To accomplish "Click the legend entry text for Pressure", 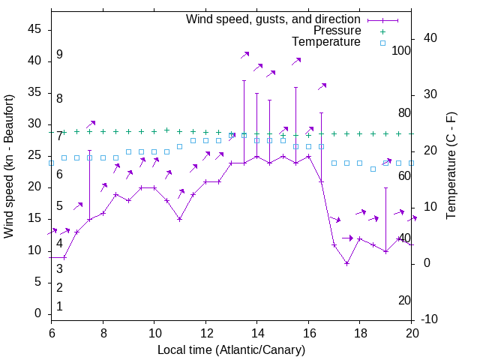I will pyautogui.click(x=337, y=31).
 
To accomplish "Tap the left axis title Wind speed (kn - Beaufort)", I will pyautogui.click(x=9, y=166).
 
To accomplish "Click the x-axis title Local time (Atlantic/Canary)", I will pyautogui.click(x=232, y=350).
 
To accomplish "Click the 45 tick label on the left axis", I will pyautogui.click(x=34, y=30).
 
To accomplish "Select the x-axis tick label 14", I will pyautogui.click(x=256, y=333).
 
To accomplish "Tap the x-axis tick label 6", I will pyautogui.click(x=51, y=333).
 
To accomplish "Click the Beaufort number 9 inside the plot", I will pyautogui.click(x=59, y=55).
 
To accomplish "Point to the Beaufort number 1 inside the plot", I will pyautogui.click(x=59, y=307).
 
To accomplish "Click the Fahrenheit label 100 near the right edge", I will pyautogui.click(x=402, y=50).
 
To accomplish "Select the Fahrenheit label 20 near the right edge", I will pyautogui.click(x=404, y=301).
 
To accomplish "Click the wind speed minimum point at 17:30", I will pyautogui.click(x=346, y=263).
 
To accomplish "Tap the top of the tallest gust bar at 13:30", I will pyautogui.click(x=244, y=80).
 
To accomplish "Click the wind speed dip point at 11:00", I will pyautogui.click(x=180, y=219).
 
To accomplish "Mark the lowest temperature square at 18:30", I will pyautogui.click(x=373, y=169).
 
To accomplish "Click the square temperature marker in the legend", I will pyautogui.click(x=382, y=43).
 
